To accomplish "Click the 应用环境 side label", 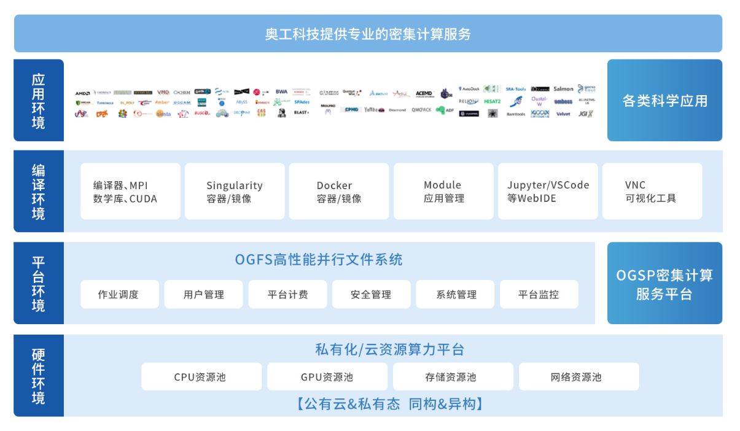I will pos(38,100).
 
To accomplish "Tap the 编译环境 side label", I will pos(38,191).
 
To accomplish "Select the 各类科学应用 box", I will pos(664,100).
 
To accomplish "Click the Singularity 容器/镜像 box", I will pos(235,191).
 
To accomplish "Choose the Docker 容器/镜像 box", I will pos(339,191).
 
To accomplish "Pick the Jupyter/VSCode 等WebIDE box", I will pos(548,191).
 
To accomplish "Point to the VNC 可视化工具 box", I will pos(652,191).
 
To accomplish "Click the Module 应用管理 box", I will pos(443,191).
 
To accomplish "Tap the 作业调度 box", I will pos(119,294).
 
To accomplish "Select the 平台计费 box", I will pos(287,294).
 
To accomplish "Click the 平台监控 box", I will pos(539,294).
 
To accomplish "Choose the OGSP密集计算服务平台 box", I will pos(664,284).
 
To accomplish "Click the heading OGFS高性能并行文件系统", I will pos(319,260).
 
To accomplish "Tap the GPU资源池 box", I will pos(327,376).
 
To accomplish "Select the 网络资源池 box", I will pos(578,376).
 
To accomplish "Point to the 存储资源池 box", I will pos(453,376).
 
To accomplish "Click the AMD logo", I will pos(82,93).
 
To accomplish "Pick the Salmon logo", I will pos(563,90).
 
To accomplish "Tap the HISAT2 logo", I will pos(492,101).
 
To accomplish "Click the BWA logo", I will pos(281,91).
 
